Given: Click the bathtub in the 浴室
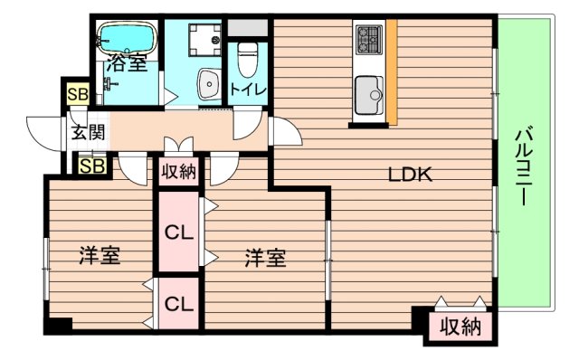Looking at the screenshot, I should click(x=126, y=39).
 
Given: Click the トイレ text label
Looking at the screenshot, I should click(x=246, y=90).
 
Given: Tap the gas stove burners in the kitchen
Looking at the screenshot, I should click(x=369, y=40).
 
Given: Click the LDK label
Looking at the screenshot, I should click(x=412, y=175).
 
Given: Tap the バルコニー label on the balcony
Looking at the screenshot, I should click(x=523, y=168).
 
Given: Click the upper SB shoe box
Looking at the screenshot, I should click(x=76, y=95).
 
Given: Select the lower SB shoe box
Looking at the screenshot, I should click(x=90, y=166).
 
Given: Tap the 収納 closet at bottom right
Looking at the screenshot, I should click(x=460, y=327).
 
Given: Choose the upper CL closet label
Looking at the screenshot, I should click(x=180, y=232).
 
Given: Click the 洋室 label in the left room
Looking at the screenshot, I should click(x=100, y=256).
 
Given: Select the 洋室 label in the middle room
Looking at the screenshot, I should click(x=265, y=258).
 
